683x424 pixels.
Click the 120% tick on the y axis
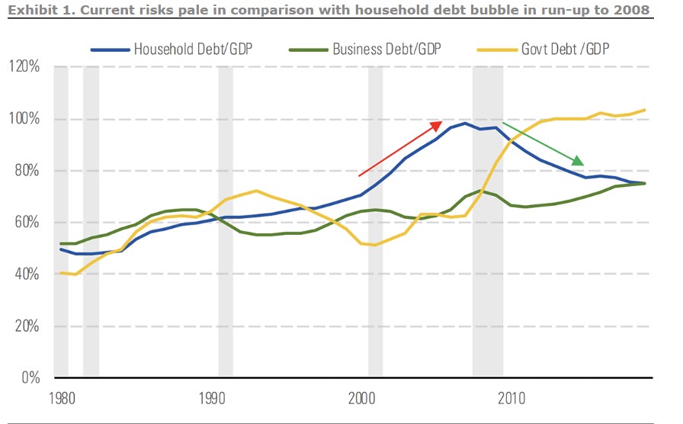[24, 67]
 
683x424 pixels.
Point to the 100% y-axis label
[24, 119]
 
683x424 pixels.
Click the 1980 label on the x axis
[61, 397]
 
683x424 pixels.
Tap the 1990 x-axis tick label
[212, 397]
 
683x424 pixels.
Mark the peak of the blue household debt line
[464, 123]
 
